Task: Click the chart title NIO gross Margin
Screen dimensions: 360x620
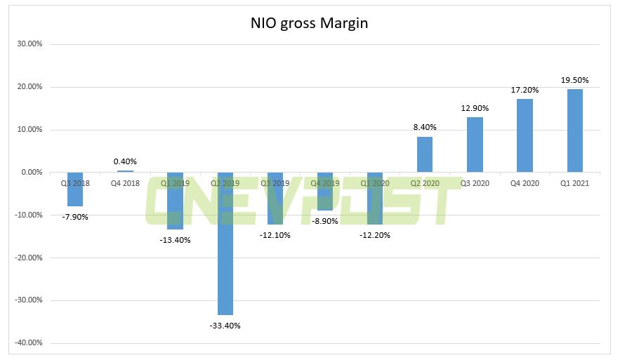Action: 310,23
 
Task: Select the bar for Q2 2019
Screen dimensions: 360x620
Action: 225,244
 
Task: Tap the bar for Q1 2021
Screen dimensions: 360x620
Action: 574,131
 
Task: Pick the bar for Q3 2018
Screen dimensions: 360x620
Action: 75,189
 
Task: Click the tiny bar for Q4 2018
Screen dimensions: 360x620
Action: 125,171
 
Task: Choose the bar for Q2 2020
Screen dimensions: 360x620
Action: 425,154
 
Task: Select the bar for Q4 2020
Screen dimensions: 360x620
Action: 525,135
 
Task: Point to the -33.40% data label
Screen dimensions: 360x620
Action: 225,325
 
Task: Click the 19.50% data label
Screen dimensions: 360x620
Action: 574,80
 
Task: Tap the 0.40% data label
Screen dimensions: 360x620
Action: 125,161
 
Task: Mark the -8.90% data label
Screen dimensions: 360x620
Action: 324,220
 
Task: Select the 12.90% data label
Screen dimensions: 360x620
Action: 475,108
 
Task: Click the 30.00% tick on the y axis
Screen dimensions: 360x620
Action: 29,44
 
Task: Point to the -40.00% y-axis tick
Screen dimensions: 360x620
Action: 28,343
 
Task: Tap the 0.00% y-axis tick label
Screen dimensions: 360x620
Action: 32,173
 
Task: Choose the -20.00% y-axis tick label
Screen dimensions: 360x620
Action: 28,258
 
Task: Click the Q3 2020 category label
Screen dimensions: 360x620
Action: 475,183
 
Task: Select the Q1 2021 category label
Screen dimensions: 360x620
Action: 574,183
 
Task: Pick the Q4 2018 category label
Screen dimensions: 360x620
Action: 125,183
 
